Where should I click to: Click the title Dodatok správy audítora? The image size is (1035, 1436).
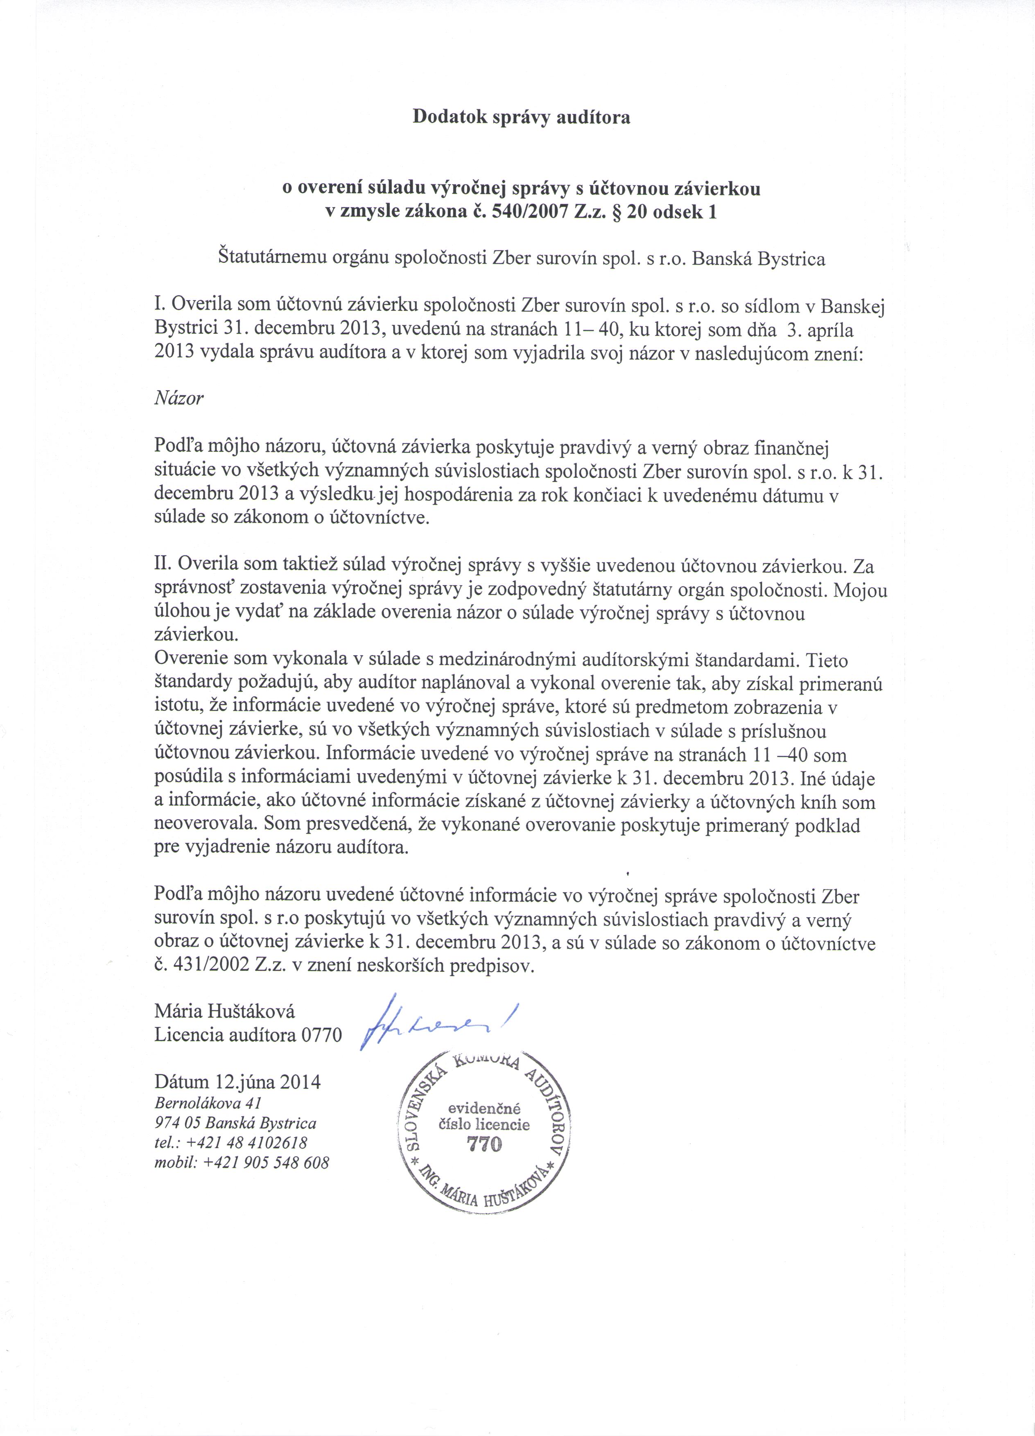point(521,117)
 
